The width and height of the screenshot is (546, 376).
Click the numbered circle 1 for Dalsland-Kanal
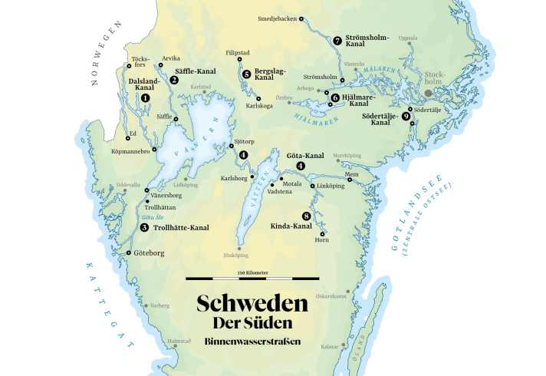(145, 98)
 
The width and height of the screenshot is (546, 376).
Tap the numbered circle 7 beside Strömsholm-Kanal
(337, 40)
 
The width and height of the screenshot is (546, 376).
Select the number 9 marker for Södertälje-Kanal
(405, 116)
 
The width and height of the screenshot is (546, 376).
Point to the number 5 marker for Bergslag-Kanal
(246, 74)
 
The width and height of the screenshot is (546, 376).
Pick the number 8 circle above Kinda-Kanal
(307, 216)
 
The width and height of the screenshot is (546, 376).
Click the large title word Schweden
(252, 303)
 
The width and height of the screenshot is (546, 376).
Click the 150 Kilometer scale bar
(252, 278)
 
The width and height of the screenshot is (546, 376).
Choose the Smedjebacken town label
(277, 18)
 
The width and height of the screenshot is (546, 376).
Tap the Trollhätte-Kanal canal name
(180, 227)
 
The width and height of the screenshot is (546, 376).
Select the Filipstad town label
(238, 52)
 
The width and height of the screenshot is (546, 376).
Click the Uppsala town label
(408, 37)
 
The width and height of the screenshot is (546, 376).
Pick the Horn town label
(322, 240)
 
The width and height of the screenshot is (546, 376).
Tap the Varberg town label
(159, 305)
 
